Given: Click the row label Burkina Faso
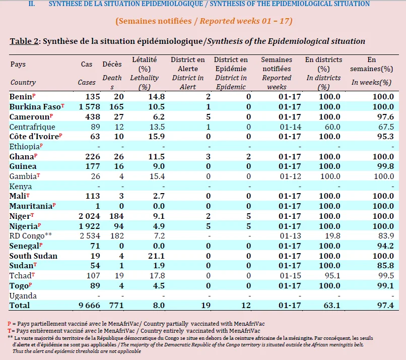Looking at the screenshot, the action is [35, 107].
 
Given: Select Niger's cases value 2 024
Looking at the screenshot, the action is [89, 216].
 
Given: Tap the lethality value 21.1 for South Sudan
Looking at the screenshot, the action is [156, 256].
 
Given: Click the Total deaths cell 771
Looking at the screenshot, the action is [116, 306].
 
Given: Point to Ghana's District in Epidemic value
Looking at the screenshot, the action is [248, 156].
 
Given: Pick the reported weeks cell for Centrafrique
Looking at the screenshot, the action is [290, 127].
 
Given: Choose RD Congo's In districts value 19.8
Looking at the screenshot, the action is [332, 236].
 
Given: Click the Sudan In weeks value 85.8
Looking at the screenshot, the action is [385, 266].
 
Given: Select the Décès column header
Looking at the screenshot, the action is [112, 64].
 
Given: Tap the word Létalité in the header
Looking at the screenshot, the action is [145, 59].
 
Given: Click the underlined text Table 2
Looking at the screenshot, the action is [24, 41].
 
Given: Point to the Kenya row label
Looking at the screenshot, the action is [21, 187].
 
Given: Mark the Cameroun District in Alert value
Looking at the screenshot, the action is [208, 117].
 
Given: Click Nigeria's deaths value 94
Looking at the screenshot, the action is [119, 226].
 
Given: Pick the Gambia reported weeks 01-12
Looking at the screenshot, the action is [290, 176].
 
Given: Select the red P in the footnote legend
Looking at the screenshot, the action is [10, 324].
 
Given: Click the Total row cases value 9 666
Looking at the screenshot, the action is [89, 306].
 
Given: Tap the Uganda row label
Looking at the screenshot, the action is [23, 296].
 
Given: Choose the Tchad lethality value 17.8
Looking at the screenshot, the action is [157, 275].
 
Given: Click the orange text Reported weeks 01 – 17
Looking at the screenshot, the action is [246, 21].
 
